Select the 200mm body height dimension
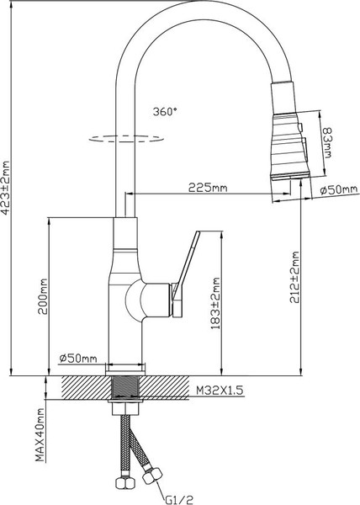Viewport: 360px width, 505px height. pyautogui.click(x=42, y=296)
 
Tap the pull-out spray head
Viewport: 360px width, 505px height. pyautogui.click(x=286, y=143)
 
